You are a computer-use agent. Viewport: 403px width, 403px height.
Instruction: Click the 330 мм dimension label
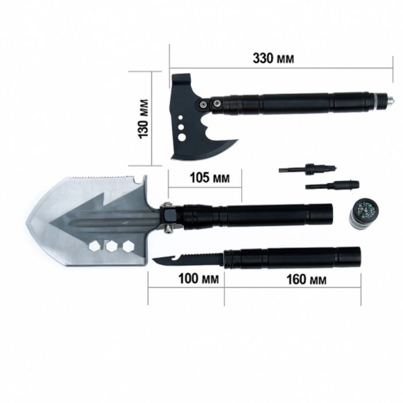(273, 58)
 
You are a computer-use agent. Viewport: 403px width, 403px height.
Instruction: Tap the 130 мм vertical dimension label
(143, 119)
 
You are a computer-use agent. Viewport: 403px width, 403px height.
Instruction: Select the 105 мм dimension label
(210, 177)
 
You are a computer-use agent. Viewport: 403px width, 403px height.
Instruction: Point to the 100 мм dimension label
(199, 279)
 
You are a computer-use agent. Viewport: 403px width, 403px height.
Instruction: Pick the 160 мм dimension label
(306, 279)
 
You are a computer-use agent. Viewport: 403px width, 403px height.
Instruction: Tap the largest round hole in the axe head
(182, 137)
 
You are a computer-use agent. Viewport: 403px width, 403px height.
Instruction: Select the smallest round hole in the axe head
(180, 117)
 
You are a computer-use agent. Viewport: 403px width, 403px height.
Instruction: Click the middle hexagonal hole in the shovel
(112, 246)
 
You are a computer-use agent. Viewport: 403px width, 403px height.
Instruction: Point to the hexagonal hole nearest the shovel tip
(94, 246)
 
